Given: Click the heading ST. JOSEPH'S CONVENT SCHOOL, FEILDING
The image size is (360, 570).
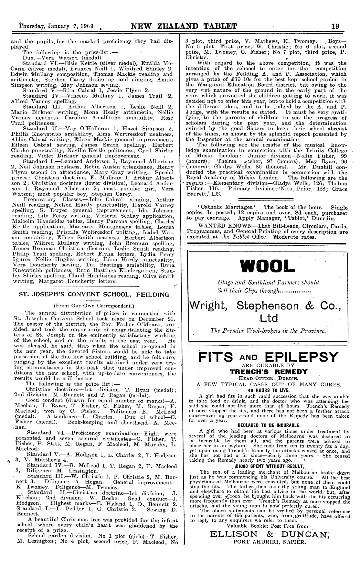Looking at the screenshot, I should pos(94,295).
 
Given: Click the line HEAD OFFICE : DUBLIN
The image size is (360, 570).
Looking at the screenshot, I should pos(269,378).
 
